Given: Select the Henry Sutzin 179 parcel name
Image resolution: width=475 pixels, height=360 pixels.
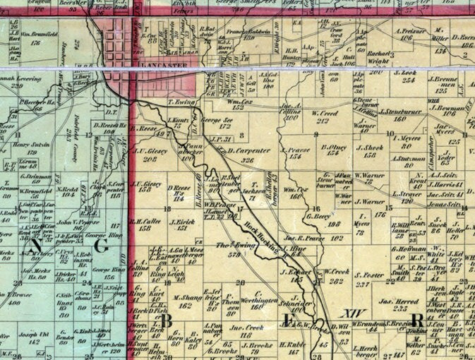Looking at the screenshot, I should click(29, 149).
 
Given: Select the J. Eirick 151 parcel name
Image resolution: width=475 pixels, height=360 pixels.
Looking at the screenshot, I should click(184, 224).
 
